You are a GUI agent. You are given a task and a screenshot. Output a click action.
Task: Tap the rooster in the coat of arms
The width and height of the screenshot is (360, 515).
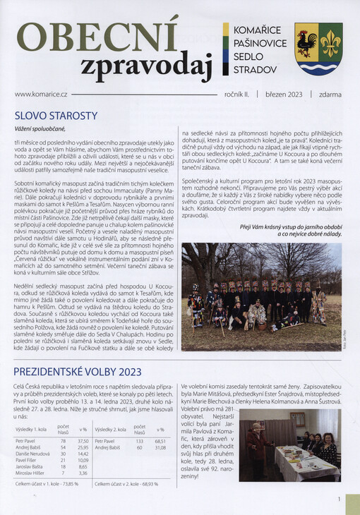(x=307, y=42)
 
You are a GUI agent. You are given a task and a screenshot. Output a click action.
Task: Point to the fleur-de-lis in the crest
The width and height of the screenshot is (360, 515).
(x=330, y=42)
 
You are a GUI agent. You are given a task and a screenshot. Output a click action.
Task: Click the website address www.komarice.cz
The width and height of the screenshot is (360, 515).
(x=41, y=94)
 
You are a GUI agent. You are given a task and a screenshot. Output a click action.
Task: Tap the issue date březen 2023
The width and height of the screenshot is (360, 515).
(x=283, y=94)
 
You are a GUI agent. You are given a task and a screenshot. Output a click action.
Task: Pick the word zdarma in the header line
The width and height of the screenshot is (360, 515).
(x=330, y=94)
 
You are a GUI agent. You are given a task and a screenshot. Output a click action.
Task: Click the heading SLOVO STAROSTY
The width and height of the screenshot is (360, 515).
(x=56, y=115)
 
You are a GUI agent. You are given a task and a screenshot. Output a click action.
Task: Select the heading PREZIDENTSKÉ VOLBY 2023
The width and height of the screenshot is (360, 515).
(x=78, y=371)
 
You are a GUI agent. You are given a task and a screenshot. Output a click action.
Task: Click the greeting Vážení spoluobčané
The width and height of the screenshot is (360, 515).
(x=39, y=128)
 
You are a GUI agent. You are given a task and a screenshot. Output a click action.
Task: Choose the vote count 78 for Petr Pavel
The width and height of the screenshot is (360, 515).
(x=62, y=440)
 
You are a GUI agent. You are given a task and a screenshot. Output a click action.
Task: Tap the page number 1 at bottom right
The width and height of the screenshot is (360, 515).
(x=340, y=499)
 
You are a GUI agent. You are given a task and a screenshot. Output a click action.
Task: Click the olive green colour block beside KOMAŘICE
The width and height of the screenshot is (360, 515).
(x=226, y=30)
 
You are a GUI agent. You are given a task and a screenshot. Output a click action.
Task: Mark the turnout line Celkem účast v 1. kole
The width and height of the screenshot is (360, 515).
(x=46, y=483)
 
